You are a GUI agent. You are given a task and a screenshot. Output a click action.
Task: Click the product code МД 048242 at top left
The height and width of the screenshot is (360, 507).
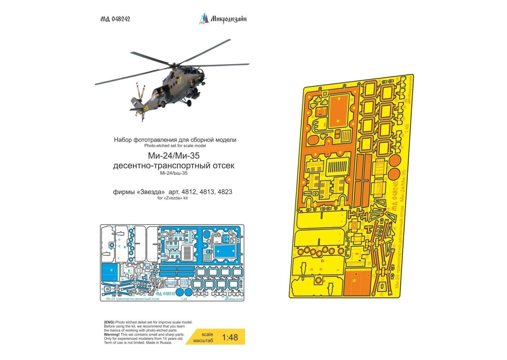[115, 19]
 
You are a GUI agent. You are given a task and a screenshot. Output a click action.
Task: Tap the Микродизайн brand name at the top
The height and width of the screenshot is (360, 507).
[228, 19]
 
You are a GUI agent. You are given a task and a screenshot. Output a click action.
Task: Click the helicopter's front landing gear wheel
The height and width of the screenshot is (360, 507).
[189, 103]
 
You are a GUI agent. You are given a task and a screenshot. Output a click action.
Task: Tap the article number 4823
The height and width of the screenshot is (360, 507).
[225, 192]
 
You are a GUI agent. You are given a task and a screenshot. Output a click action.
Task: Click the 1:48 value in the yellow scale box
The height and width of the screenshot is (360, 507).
[230, 337]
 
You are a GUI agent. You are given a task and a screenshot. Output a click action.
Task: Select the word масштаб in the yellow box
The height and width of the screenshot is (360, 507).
[203, 340]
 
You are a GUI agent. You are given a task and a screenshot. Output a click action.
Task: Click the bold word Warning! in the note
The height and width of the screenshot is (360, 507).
[112, 334]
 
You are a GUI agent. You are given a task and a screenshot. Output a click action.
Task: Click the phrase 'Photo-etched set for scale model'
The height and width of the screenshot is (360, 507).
[175, 146]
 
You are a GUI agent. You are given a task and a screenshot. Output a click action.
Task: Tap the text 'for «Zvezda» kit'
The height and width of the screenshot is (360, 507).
[172, 198]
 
